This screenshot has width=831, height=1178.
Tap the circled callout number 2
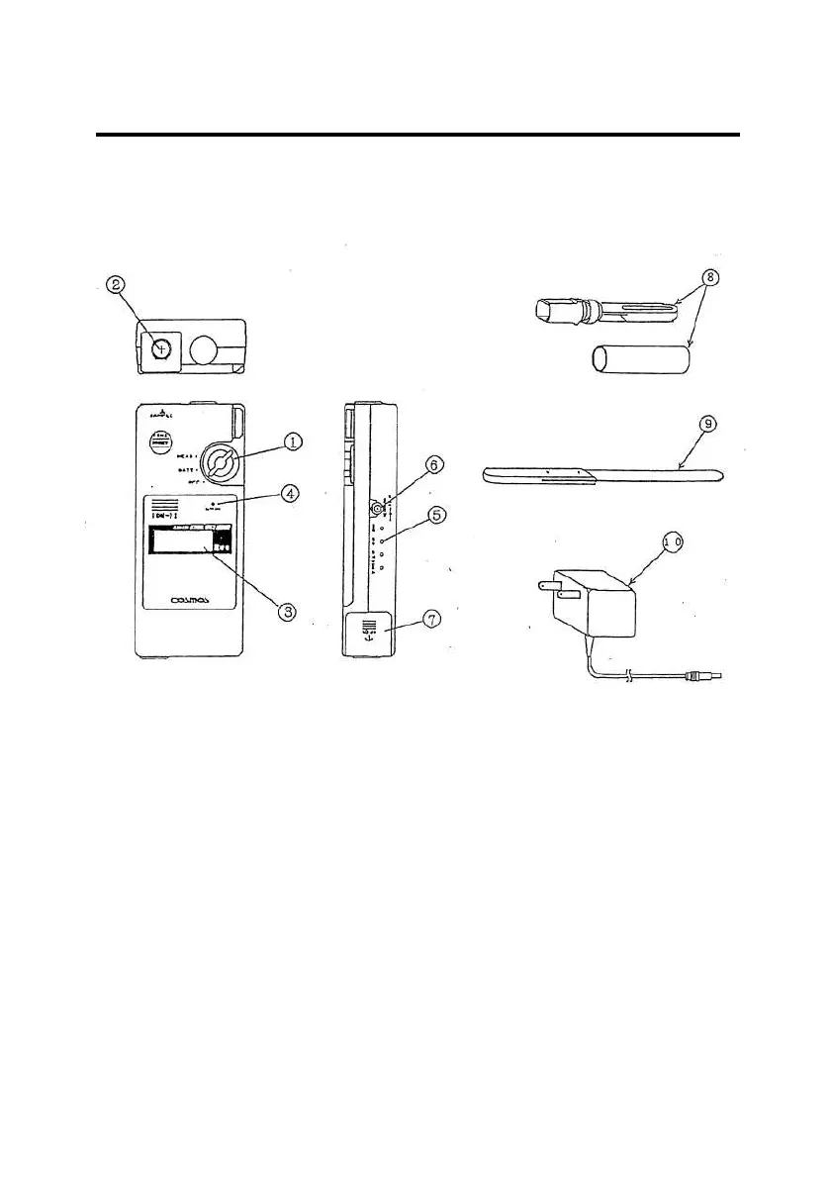pyautogui.click(x=118, y=285)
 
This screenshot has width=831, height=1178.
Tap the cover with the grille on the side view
pyautogui.click(x=371, y=630)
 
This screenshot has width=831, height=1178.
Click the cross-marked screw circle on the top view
pyautogui.click(x=162, y=347)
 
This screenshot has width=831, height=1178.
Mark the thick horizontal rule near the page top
pyautogui.click(x=416, y=135)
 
